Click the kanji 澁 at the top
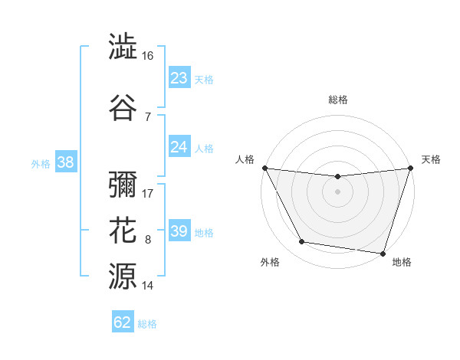click(x=123, y=47)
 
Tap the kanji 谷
click(x=123, y=106)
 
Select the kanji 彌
click(x=123, y=185)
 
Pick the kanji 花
click(x=123, y=230)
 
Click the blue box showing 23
click(x=179, y=78)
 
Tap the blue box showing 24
click(x=179, y=147)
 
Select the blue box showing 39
click(x=179, y=231)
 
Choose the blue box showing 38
click(x=65, y=162)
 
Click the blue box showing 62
click(x=123, y=322)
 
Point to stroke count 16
click(x=148, y=56)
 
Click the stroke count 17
click(x=148, y=194)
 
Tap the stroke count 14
click(x=148, y=286)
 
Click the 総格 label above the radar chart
click(x=338, y=100)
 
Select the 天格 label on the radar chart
click(x=432, y=159)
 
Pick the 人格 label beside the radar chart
click(x=245, y=159)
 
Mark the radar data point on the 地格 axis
click(x=382, y=253)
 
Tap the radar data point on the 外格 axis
click(x=302, y=242)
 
